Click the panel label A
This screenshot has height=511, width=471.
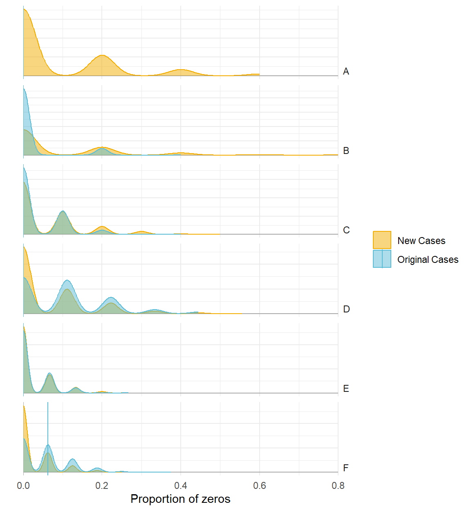point(346,72)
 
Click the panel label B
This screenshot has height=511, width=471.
point(346,151)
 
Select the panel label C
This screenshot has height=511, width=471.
point(346,230)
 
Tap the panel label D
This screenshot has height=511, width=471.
point(346,309)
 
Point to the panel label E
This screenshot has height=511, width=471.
point(346,389)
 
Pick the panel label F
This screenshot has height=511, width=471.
point(346,468)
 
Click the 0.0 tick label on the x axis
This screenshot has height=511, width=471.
point(23,486)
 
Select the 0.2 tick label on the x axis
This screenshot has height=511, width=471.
point(102,486)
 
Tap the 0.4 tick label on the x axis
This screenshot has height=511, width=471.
point(181,486)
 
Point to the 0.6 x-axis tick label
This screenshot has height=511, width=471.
point(259,486)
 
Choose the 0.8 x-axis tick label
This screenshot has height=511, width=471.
point(338,486)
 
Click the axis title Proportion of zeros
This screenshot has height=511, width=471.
point(180,499)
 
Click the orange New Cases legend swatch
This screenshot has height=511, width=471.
point(382,240)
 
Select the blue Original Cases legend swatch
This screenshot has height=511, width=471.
point(382,259)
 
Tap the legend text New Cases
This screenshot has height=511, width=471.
point(421,241)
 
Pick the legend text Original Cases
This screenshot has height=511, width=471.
point(428,260)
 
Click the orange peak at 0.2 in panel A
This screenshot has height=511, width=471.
point(102,56)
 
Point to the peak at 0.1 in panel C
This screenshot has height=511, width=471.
point(63,212)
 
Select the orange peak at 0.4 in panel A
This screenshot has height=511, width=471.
point(180,70)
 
